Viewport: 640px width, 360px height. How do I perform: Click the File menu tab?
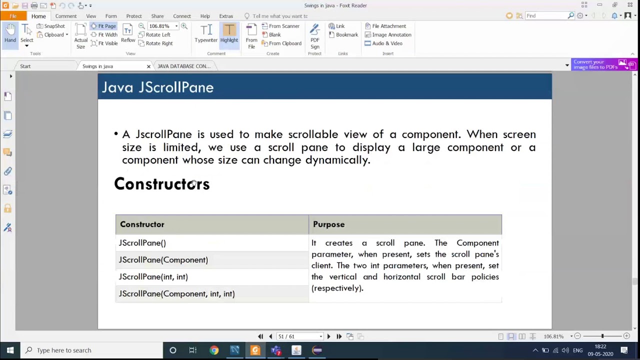click(x=13, y=16)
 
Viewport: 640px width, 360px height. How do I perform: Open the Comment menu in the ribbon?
click(x=66, y=16)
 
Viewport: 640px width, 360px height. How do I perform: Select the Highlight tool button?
click(x=229, y=34)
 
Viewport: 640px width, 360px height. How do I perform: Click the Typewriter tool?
click(x=206, y=34)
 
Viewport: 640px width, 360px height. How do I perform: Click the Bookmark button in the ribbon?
click(x=343, y=34)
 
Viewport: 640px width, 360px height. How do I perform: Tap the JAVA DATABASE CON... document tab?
click(x=184, y=66)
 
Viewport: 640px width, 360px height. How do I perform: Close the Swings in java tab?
click(x=148, y=66)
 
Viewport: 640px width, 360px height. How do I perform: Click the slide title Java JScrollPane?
click(x=157, y=87)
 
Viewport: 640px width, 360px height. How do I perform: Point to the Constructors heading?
click(x=161, y=184)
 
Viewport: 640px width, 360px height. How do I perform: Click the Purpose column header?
click(x=328, y=224)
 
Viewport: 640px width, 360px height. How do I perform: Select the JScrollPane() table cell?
click(x=142, y=243)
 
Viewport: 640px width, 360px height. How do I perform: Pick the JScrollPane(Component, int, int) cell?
click(x=176, y=294)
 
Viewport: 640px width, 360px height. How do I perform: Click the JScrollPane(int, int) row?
click(x=153, y=277)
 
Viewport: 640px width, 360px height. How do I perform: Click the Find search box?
click(x=546, y=16)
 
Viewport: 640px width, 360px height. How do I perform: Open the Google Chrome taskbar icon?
click(x=214, y=350)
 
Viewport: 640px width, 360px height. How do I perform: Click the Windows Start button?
click(x=10, y=350)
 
